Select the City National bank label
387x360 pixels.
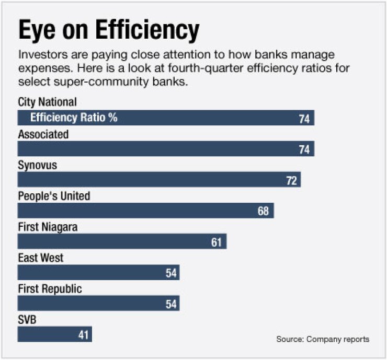point(47,102)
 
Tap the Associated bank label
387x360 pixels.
point(43,134)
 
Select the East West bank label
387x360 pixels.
point(41,258)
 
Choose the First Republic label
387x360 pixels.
point(50,288)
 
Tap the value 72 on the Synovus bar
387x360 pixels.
point(291,181)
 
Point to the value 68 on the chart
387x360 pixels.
point(263,212)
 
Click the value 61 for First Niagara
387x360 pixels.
point(217,242)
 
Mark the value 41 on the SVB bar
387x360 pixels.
point(84,335)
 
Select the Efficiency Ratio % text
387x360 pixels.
point(74,118)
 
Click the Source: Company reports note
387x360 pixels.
point(323,339)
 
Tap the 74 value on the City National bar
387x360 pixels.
point(304,119)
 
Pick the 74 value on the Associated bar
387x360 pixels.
point(304,150)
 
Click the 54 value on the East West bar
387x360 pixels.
point(171,273)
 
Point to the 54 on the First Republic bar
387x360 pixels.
point(171,304)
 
